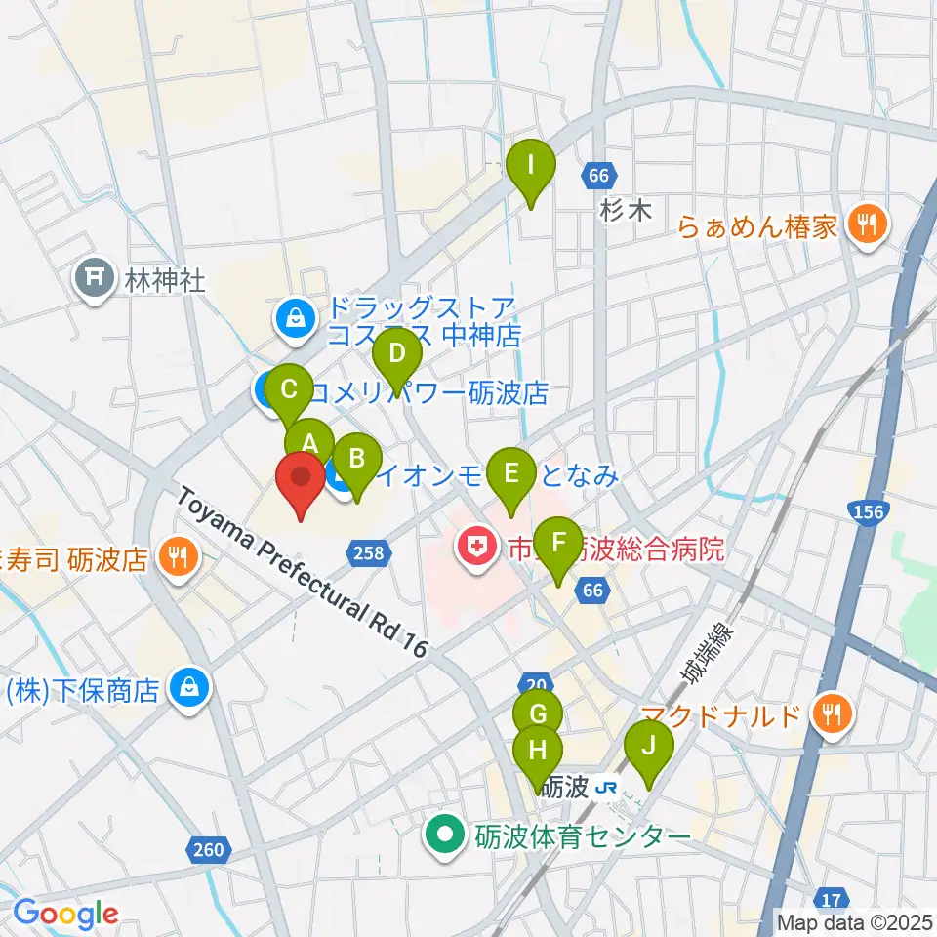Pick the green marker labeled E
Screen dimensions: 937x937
point(509,475)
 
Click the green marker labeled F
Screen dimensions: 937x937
point(558,544)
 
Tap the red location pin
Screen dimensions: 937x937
point(301,481)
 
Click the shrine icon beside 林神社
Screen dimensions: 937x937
point(95,281)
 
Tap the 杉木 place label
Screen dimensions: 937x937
point(626,211)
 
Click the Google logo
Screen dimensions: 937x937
point(64,914)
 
